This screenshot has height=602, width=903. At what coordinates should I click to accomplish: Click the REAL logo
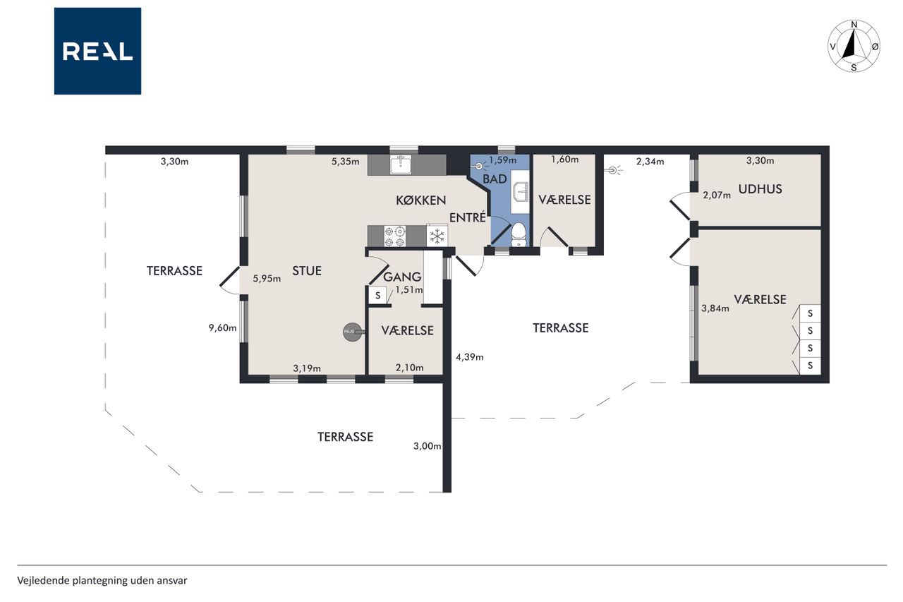pyautogui.click(x=97, y=52)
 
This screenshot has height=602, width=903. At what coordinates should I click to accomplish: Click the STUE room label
pyautogui.click(x=307, y=271)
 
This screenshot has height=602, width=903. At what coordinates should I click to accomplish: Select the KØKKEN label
pyautogui.click(x=421, y=200)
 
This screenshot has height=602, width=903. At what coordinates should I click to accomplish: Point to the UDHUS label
pyautogui.click(x=760, y=189)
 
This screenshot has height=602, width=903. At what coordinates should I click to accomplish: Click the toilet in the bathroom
pyautogui.click(x=519, y=235)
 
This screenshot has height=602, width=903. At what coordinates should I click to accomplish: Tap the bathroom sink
pyautogui.click(x=521, y=191)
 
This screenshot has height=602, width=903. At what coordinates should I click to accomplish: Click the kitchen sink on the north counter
pyautogui.click(x=400, y=164)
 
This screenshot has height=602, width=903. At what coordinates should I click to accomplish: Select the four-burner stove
pyautogui.click(x=394, y=236)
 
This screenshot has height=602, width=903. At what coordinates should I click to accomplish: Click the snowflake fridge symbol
pyautogui.click(x=437, y=236)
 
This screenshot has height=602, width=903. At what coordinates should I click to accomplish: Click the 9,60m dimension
pyautogui.click(x=222, y=327)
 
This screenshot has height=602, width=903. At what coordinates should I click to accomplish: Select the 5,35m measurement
pyautogui.click(x=346, y=162)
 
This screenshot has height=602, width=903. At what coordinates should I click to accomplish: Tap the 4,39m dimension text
pyautogui.click(x=470, y=357)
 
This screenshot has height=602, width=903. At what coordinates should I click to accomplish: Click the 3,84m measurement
pyautogui.click(x=715, y=308)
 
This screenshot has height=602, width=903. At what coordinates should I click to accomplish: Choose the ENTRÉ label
pyautogui.click(x=468, y=218)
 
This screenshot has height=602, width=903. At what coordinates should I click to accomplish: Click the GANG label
pyautogui.click(x=402, y=277)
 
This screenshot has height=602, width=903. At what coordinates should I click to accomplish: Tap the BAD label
pyautogui.click(x=495, y=179)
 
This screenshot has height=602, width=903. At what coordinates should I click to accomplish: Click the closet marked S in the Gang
pyautogui.click(x=377, y=295)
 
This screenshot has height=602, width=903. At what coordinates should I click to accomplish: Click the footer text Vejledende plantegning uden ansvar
pyautogui.click(x=102, y=581)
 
